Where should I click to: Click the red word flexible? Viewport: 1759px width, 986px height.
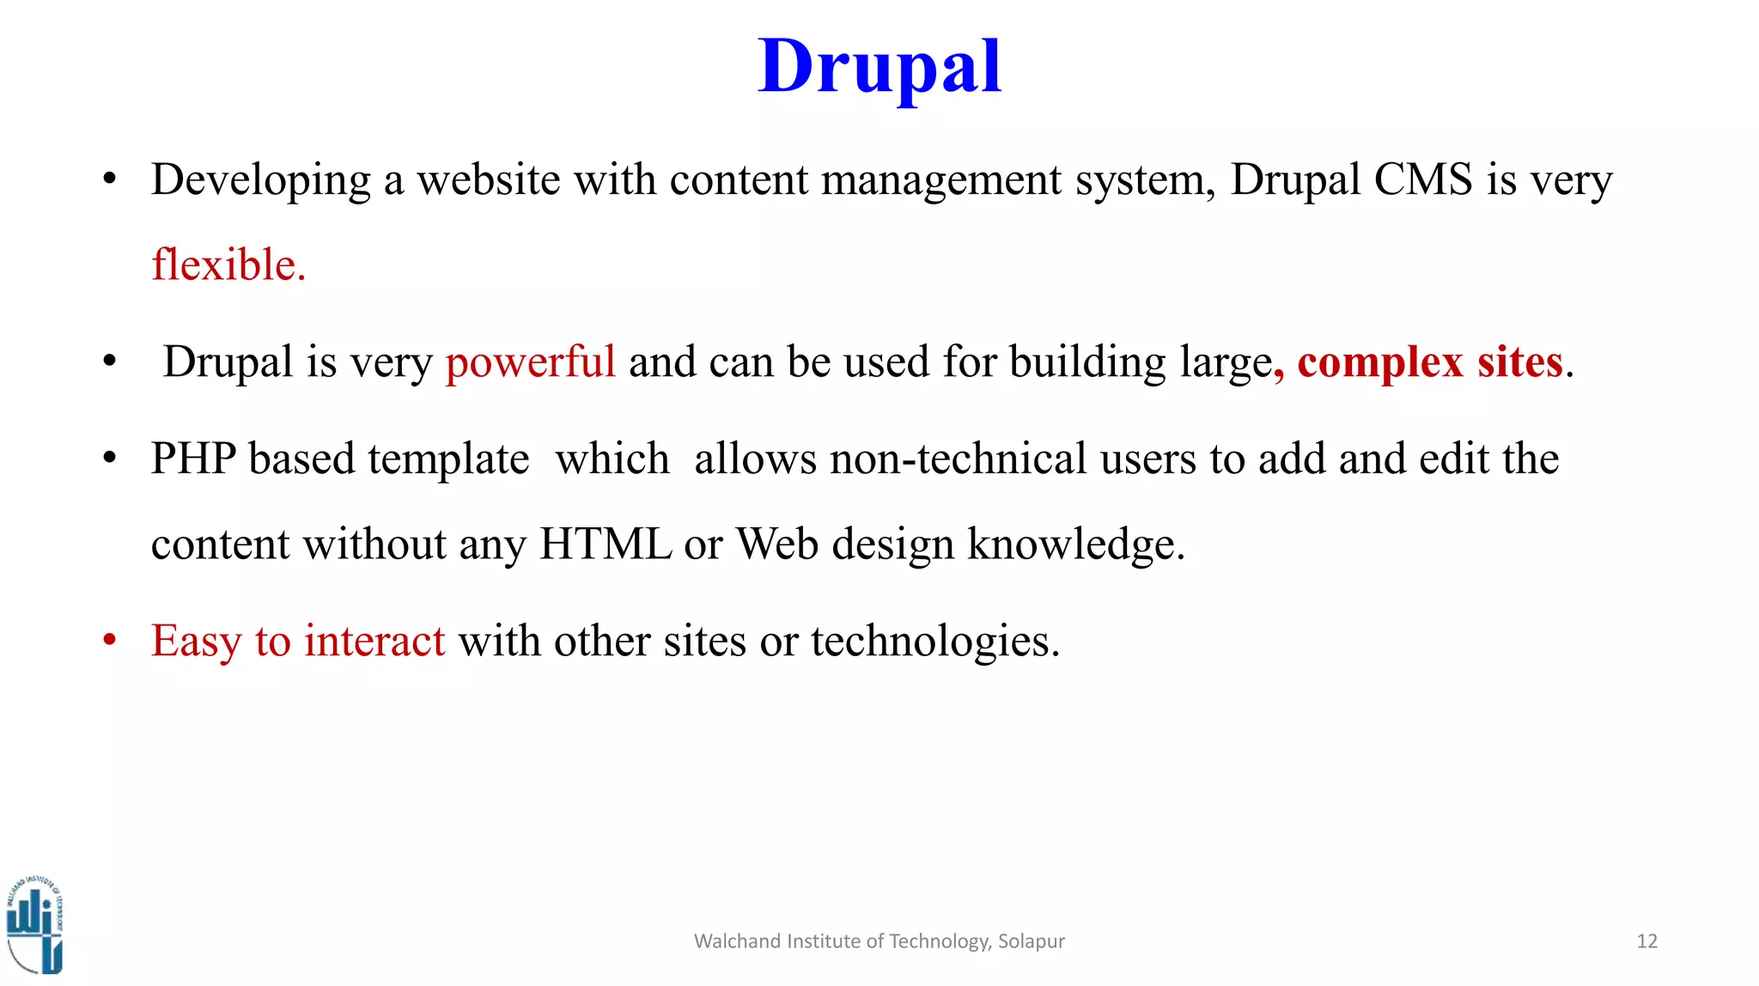[228, 265]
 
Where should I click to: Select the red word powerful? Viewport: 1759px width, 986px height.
[530, 362]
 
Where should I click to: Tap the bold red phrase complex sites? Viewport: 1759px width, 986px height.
[1429, 362]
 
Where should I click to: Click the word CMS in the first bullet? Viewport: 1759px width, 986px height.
[1423, 180]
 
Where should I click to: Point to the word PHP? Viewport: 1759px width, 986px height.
[192, 459]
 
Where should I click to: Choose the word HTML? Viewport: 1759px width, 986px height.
[605, 545]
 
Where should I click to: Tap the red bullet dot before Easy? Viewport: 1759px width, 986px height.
[109, 641]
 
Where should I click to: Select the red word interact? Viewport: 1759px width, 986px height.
[374, 641]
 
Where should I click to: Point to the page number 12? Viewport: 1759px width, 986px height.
[1646, 941]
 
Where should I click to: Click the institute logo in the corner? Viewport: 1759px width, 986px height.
[35, 926]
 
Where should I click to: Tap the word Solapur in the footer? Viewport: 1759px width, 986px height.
[1031, 941]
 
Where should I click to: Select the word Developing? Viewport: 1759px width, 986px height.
[261, 181]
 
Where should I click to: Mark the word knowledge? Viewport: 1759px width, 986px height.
[1075, 545]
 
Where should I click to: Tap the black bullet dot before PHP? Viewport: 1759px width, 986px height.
[109, 459]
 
